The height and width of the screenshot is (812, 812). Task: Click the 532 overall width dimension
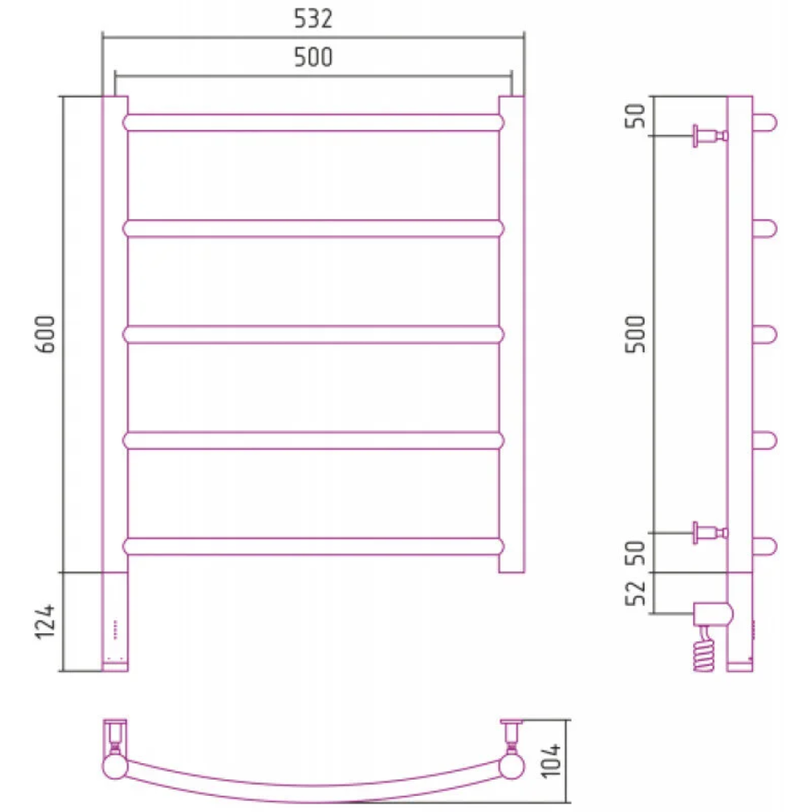click(313, 19)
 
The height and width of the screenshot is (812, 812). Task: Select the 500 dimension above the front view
click(313, 57)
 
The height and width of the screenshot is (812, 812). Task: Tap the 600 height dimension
click(45, 334)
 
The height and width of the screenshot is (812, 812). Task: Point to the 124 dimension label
click(45, 621)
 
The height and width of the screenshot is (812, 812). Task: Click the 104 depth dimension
click(551, 760)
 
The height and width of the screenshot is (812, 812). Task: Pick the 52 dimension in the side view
click(636, 593)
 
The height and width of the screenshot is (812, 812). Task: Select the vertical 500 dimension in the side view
click(636, 334)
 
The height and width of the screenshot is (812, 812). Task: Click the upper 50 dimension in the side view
click(636, 115)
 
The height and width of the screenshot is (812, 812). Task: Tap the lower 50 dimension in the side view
click(636, 552)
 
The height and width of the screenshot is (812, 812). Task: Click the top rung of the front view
click(314, 123)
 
